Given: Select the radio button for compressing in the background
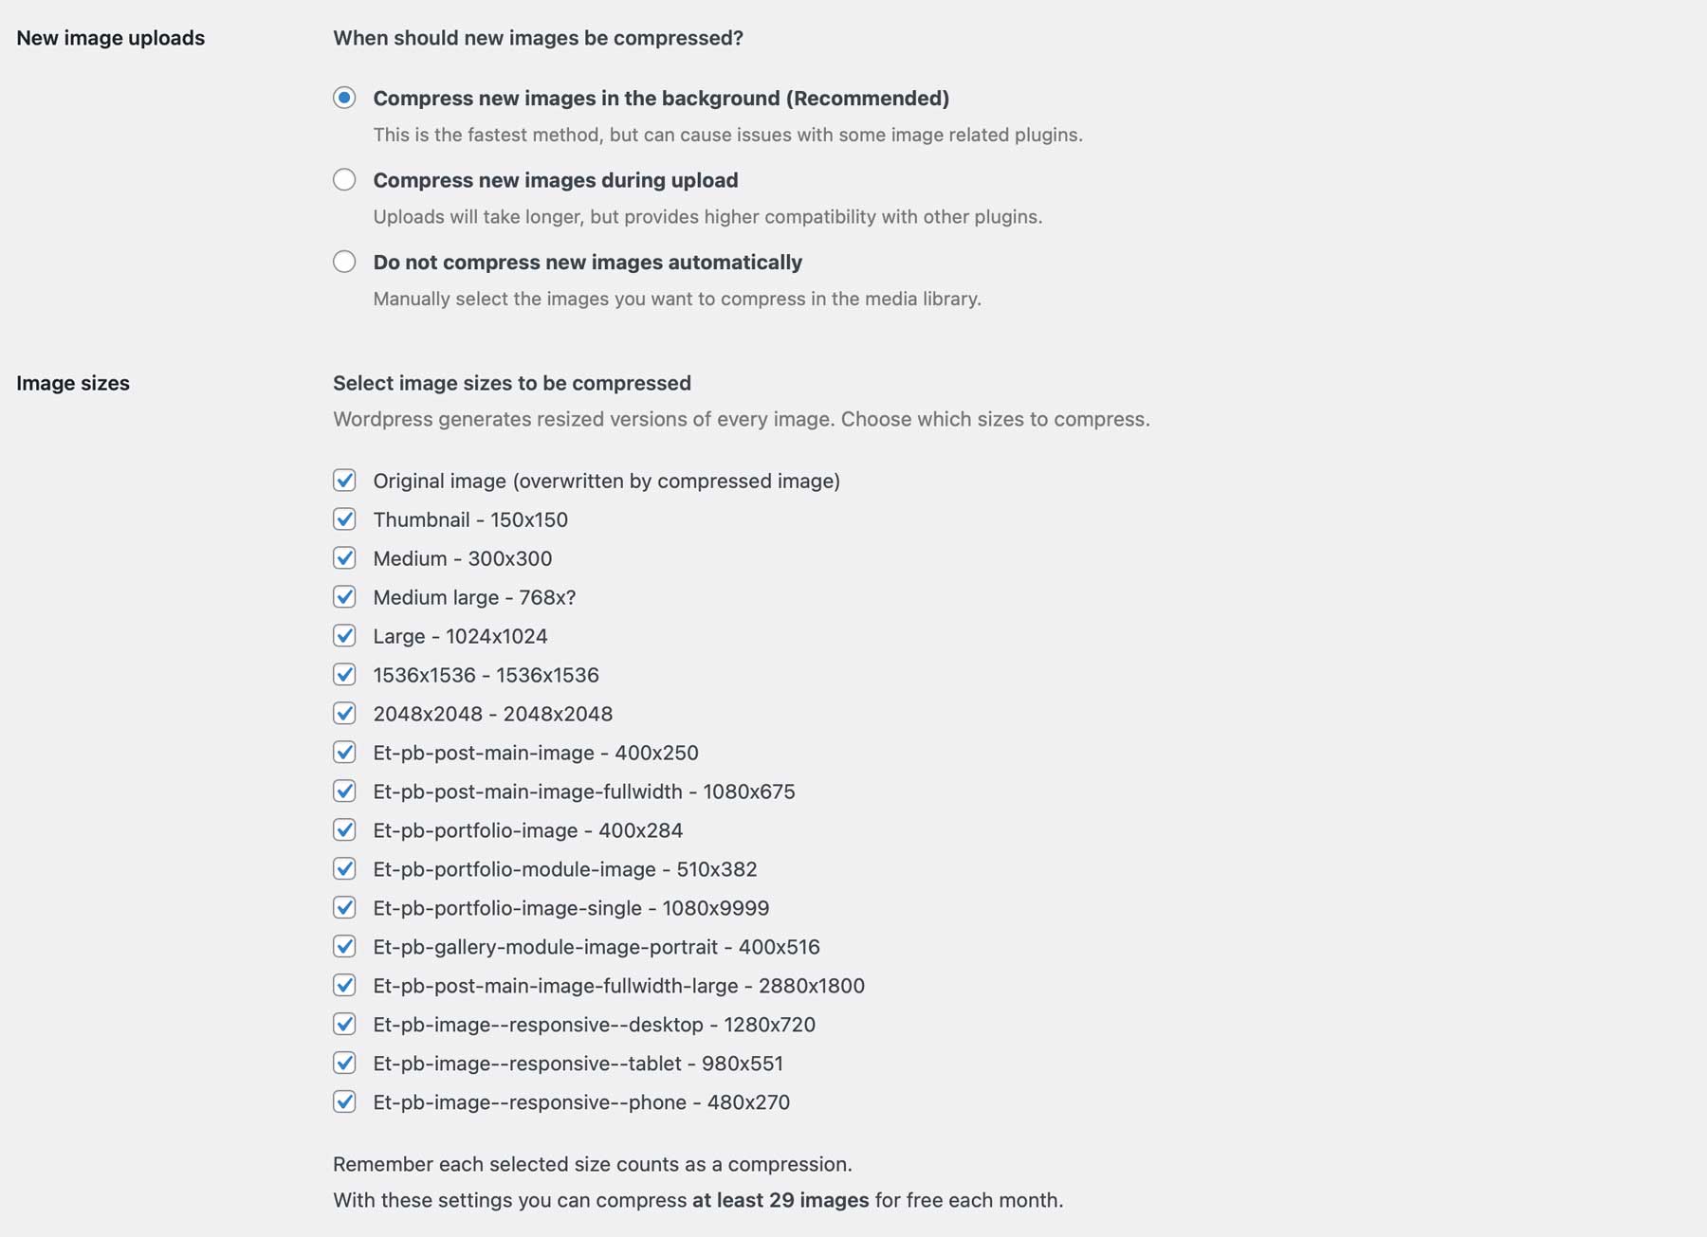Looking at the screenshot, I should [x=344, y=98].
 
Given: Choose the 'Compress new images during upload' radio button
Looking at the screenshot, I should [x=344, y=179].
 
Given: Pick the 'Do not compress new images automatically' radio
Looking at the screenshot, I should [x=344, y=262].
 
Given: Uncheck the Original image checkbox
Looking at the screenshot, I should [x=344, y=481].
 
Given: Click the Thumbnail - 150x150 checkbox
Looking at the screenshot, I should [x=344, y=519].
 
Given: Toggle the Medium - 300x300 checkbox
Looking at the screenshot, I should [x=344, y=558].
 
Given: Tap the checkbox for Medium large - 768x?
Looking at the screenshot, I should [x=344, y=597].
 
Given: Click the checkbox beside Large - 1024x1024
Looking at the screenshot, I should [x=344, y=636].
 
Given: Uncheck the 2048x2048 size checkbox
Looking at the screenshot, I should [x=344, y=714].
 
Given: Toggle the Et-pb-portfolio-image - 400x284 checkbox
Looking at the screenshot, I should [x=344, y=830].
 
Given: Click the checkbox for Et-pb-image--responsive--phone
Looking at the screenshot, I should [x=344, y=1102].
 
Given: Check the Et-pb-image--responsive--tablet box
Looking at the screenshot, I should [x=344, y=1064].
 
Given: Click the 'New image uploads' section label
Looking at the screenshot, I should [x=111, y=38].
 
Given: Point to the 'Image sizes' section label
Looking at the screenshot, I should [x=73, y=383].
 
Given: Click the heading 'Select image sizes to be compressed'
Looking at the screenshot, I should [x=512, y=383].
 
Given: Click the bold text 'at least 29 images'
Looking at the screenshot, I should [x=780, y=1200].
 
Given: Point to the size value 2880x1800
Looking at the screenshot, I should [x=812, y=986].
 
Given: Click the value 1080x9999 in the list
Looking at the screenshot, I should [x=716, y=908].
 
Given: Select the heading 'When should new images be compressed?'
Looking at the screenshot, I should [x=538, y=38].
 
